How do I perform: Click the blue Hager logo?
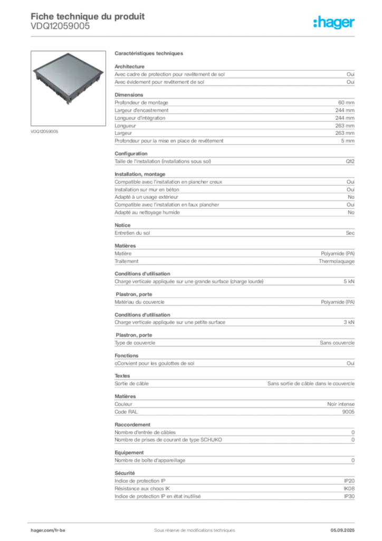tap(335, 23)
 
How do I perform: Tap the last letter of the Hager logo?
tap(354, 23)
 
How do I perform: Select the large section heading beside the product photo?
tap(149, 54)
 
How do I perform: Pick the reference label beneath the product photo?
tap(44, 130)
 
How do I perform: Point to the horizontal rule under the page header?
tap(194, 36)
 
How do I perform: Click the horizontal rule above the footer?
tap(194, 520)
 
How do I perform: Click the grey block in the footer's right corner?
tap(347, 528)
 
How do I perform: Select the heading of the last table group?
tap(126, 471)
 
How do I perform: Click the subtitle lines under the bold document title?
tap(64, 27)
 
